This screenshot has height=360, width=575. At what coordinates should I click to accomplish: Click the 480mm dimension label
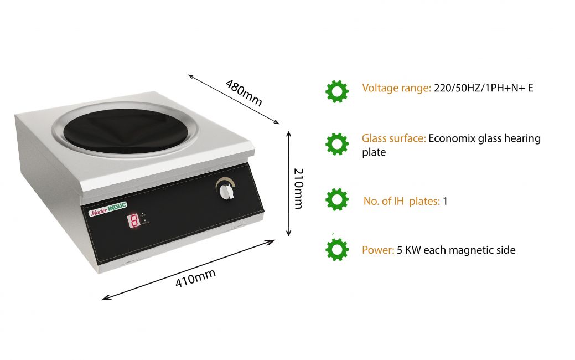tap(244, 93)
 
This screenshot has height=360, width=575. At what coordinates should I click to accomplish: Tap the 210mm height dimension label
tap(298, 189)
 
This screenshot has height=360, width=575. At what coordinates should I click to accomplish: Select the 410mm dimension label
tap(195, 278)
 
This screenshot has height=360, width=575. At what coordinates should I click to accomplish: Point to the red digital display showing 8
tap(134, 220)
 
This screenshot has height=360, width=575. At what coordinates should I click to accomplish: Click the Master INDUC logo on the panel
tap(108, 209)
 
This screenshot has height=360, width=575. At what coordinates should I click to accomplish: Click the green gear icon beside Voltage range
tap(337, 91)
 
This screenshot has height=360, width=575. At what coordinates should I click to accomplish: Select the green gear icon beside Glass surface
tap(337, 144)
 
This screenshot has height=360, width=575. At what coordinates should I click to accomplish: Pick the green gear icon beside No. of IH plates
tap(337, 199)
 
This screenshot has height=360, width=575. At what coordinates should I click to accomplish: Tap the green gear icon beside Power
tap(337, 250)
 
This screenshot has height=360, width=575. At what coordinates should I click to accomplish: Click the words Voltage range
tap(396, 88)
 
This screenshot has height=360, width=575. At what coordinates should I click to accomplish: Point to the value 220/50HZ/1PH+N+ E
tap(483, 88)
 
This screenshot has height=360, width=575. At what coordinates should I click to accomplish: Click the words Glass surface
tap(394, 138)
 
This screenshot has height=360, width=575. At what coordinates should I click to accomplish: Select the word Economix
tap(452, 138)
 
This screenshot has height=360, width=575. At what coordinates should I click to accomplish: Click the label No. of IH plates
tap(402, 201)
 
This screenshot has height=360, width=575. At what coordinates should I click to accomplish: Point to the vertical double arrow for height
tap(288, 183)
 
